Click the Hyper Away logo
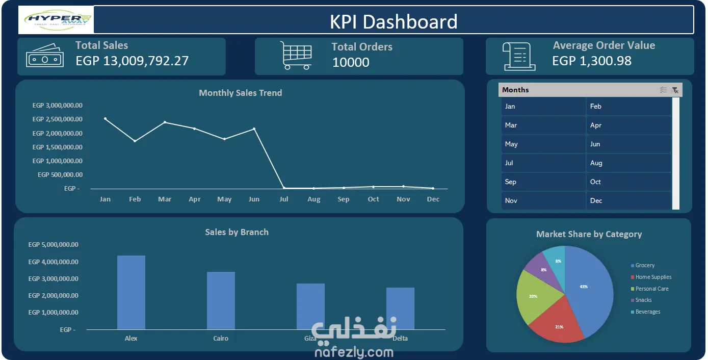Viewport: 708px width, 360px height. click(x=56, y=20)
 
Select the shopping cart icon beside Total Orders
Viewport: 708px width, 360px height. click(x=296, y=55)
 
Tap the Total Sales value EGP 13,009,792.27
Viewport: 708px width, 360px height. click(x=132, y=61)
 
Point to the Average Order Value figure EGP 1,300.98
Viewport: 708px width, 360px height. click(x=592, y=61)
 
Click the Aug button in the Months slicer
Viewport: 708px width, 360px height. click(x=628, y=163)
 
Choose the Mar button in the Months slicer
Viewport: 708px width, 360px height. click(x=543, y=125)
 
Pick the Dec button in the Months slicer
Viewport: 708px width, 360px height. click(x=628, y=201)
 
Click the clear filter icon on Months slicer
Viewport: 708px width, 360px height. click(x=675, y=90)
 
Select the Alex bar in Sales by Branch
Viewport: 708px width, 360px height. click(x=131, y=292)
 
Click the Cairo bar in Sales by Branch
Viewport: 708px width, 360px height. click(x=221, y=300)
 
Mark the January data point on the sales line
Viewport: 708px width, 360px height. click(x=105, y=119)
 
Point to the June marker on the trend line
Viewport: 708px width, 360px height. click(x=254, y=128)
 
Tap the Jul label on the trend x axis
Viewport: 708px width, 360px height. click(x=284, y=199)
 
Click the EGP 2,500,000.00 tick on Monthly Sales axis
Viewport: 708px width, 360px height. click(x=57, y=119)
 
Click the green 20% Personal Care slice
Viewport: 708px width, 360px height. click(x=533, y=296)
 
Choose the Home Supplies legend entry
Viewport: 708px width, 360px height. click(x=653, y=277)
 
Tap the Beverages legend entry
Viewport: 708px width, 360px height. click(x=647, y=312)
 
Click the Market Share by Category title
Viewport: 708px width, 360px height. click(x=589, y=235)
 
